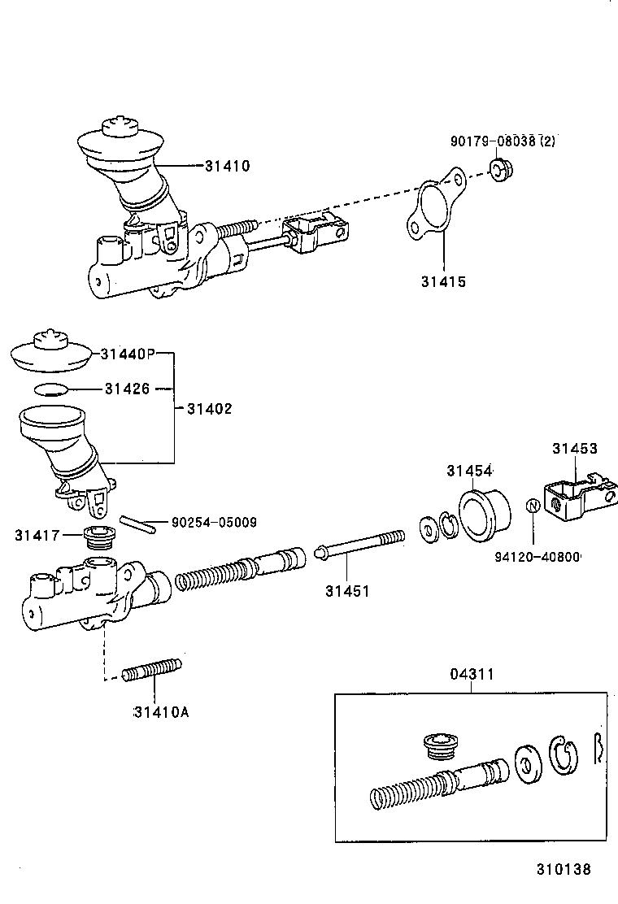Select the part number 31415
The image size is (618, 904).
click(x=443, y=282)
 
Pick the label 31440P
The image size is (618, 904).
click(x=127, y=354)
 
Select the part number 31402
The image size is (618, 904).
click(x=209, y=409)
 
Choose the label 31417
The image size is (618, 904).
click(x=37, y=535)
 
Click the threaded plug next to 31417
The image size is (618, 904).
click(x=101, y=537)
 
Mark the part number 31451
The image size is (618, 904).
click(x=346, y=592)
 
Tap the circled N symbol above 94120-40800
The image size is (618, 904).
click(x=533, y=506)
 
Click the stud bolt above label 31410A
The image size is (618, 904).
click(x=151, y=669)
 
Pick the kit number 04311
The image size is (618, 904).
click(x=472, y=674)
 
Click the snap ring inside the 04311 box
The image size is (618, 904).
click(x=563, y=755)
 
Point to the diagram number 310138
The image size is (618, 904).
click(x=563, y=869)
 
